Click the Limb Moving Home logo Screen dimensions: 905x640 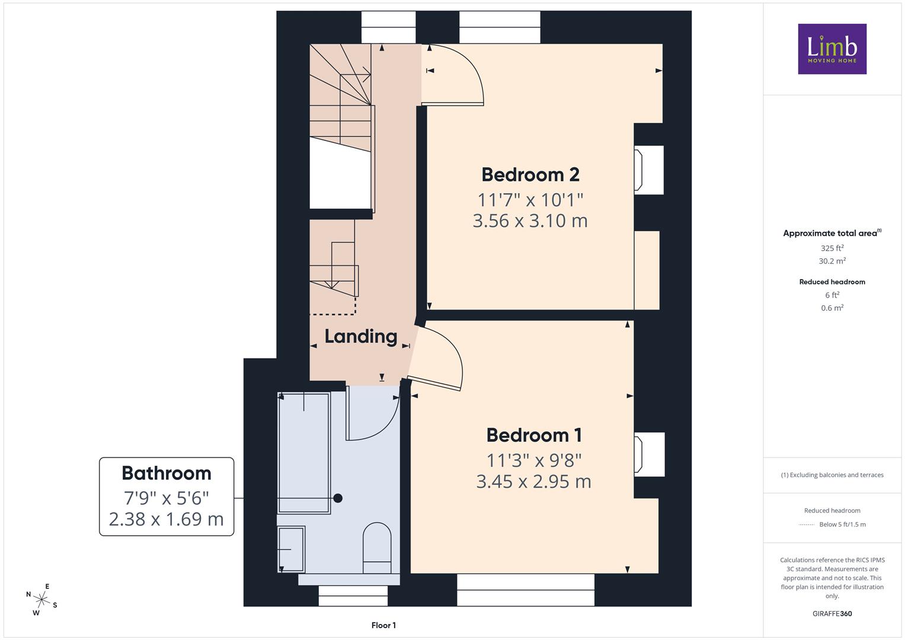[x=832, y=49]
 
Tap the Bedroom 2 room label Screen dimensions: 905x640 [x=530, y=175]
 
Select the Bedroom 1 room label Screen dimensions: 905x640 [x=534, y=435]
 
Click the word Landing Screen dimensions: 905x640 [x=361, y=337]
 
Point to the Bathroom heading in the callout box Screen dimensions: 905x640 [x=167, y=473]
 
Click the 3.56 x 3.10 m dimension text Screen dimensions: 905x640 [x=530, y=221]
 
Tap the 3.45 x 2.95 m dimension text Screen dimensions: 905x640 [x=534, y=482]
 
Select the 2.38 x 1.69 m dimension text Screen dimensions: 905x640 [x=166, y=520]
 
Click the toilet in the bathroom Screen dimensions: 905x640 [x=377, y=548]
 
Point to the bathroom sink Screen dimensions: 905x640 [x=292, y=549]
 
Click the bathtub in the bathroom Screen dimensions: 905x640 [x=304, y=453]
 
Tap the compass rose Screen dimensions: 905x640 [x=41, y=600]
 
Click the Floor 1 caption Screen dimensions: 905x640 [x=383, y=625]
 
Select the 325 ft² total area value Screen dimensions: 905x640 [x=832, y=248]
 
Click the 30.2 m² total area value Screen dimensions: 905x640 [x=832, y=261]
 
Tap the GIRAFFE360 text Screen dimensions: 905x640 [x=832, y=613]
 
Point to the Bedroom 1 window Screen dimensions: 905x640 [x=526, y=590]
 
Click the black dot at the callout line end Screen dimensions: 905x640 [x=338, y=498]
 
